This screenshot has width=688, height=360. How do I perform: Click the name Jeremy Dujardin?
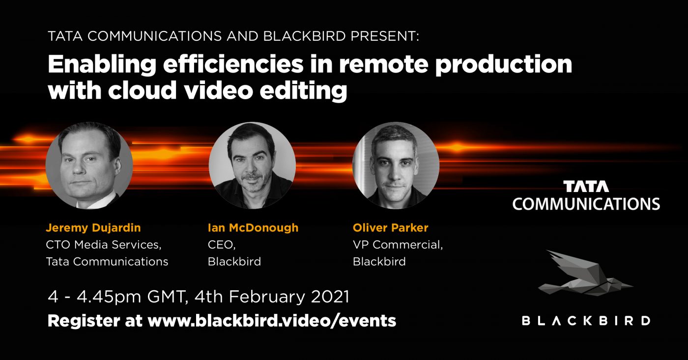(x=93, y=228)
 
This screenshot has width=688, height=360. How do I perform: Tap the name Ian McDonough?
(x=253, y=228)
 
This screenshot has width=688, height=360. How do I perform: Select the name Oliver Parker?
(x=390, y=228)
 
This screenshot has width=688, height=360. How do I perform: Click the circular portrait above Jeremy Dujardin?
(x=89, y=166)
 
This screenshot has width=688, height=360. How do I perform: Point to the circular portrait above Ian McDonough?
(x=252, y=166)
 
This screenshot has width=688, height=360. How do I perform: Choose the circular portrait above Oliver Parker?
(x=396, y=166)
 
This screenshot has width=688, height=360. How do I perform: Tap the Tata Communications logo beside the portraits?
(x=586, y=195)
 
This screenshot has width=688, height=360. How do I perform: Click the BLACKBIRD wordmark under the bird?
(x=586, y=321)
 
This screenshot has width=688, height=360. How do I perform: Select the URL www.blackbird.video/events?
(x=272, y=321)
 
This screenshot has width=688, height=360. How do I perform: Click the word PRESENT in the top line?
(x=384, y=36)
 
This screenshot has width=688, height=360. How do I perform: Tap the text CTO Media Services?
(x=104, y=245)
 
